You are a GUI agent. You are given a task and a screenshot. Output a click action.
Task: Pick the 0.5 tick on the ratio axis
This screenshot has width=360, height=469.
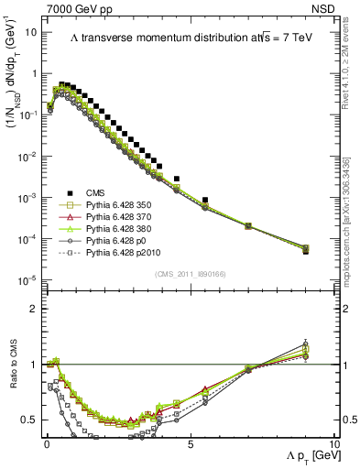28,420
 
